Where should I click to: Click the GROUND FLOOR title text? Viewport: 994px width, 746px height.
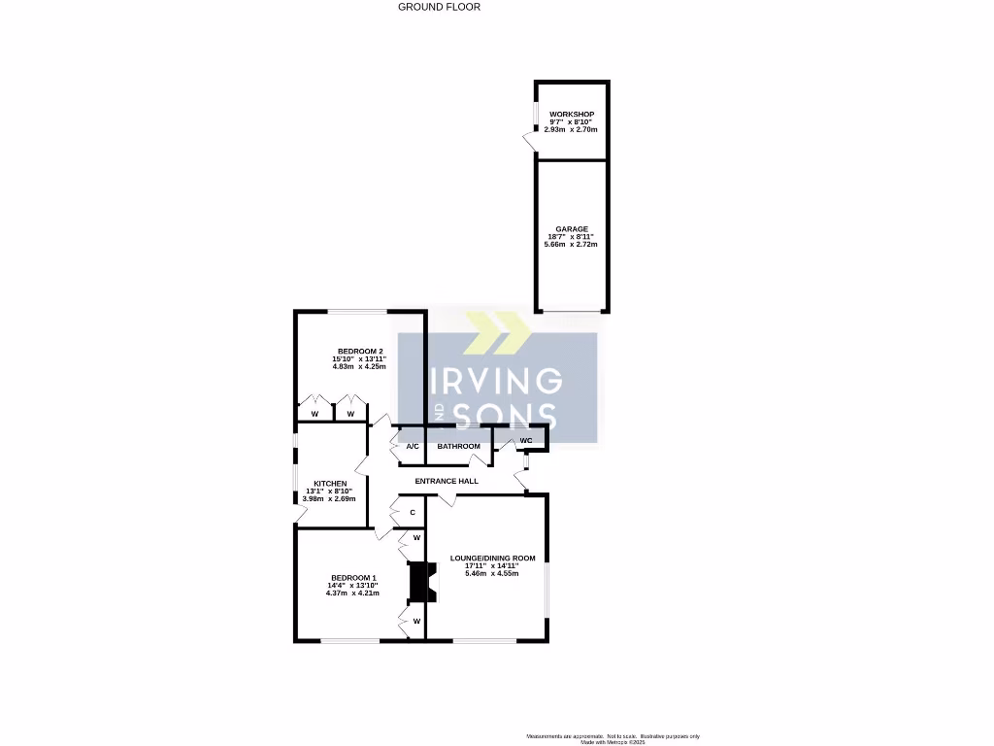[x=439, y=7]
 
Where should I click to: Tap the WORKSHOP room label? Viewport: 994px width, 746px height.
[x=571, y=115]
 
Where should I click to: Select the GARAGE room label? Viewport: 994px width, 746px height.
[x=571, y=229]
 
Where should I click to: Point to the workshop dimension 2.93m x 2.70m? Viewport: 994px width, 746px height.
[x=571, y=129]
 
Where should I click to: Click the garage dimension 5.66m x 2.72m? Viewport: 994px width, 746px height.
[x=571, y=244]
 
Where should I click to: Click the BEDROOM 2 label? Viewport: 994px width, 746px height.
[x=360, y=352]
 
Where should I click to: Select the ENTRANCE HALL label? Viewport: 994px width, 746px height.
[x=447, y=482]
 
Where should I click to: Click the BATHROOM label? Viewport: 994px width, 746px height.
[x=458, y=447]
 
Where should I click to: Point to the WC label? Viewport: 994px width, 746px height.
[x=526, y=441]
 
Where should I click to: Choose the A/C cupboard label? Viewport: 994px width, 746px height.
[x=412, y=447]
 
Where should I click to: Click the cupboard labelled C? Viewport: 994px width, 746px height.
[x=413, y=512]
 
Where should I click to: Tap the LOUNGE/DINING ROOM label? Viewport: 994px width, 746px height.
[x=492, y=559]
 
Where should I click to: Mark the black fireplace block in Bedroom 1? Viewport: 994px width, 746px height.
[x=419, y=583]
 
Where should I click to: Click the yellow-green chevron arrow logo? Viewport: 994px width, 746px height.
[x=497, y=333]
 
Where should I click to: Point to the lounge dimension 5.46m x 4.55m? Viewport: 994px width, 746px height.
[x=492, y=573]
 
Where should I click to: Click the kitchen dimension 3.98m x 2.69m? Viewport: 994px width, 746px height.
[x=330, y=498]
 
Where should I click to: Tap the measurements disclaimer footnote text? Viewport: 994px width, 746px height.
[x=613, y=736]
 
